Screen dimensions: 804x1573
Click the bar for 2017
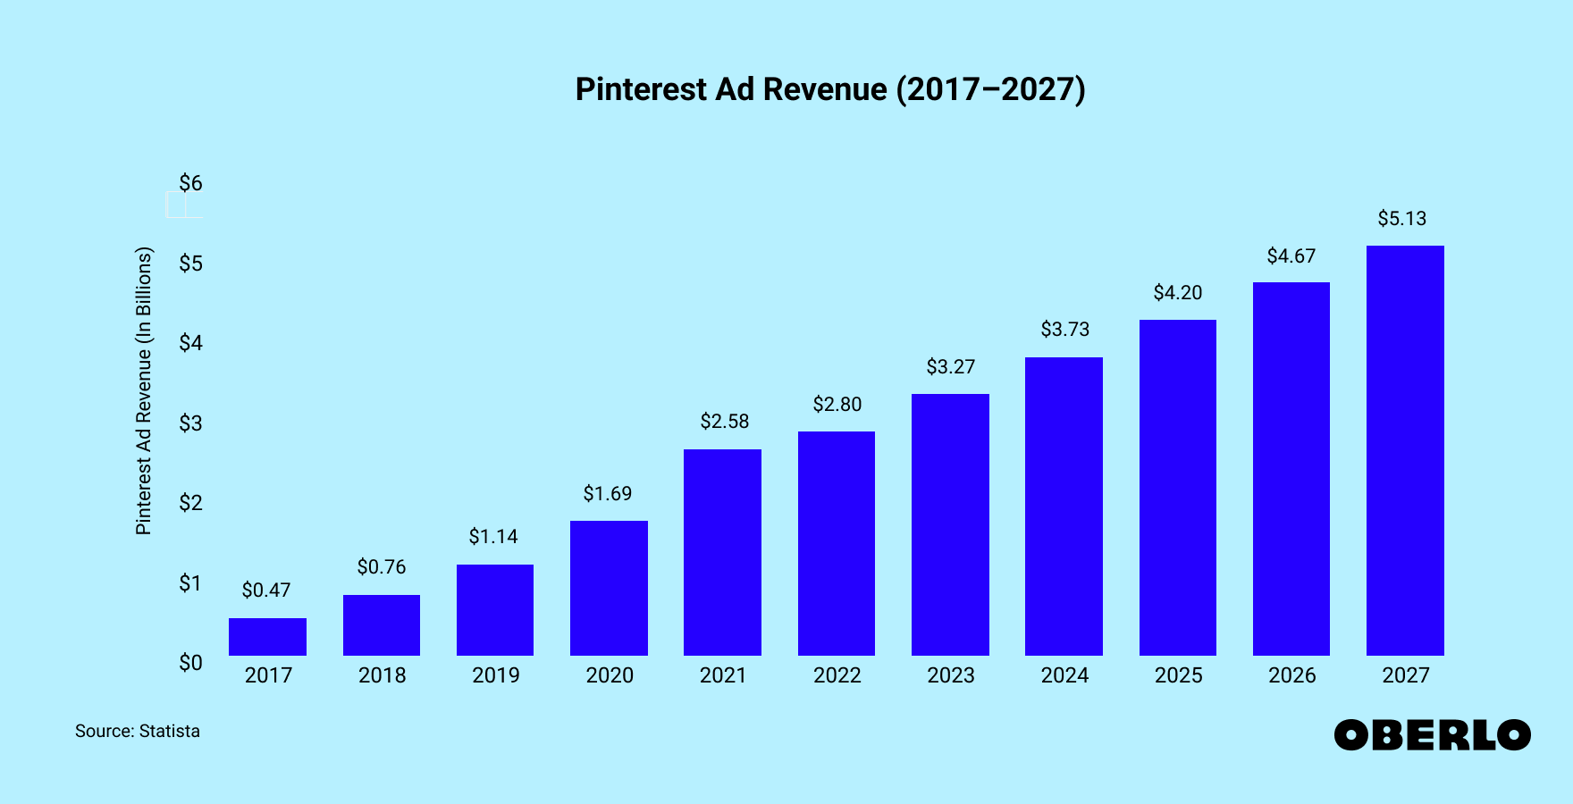(267, 637)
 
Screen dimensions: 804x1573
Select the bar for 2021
(722, 552)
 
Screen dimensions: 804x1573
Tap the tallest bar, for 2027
(1405, 450)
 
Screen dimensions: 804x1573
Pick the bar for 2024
(1064, 507)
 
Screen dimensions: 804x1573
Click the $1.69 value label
(608, 494)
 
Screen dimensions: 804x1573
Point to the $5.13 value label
(1401, 219)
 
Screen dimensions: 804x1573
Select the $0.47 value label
(266, 590)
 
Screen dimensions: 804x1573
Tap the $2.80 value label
(837, 405)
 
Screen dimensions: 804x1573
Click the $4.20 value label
(1177, 293)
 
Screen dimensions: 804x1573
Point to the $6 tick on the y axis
(190, 183)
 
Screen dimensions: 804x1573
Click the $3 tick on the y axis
(190, 423)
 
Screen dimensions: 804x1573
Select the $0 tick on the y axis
(190, 663)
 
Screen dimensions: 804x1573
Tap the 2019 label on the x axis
(495, 675)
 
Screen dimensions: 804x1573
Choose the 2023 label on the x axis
(950, 675)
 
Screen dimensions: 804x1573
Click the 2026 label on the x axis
(1291, 675)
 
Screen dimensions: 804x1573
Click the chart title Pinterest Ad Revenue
(829, 89)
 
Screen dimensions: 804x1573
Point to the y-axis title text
(144, 391)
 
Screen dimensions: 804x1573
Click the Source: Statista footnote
(138, 731)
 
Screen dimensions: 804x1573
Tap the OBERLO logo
(1432, 735)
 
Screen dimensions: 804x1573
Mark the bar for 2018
(382, 625)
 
